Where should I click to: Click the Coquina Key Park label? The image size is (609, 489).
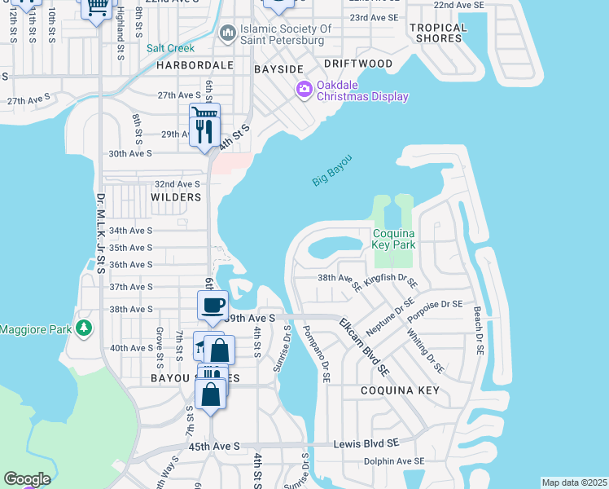(x=394, y=239)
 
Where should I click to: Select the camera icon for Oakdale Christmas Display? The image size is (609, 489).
(x=304, y=88)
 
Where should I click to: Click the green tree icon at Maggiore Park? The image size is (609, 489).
(x=83, y=328)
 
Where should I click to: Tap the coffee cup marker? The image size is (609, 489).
(x=212, y=306)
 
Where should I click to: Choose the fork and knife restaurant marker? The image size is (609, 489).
(x=204, y=130)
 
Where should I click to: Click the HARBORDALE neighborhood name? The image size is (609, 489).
(x=195, y=64)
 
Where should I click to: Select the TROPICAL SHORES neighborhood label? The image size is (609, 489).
(x=438, y=33)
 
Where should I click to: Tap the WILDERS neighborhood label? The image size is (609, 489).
(x=176, y=197)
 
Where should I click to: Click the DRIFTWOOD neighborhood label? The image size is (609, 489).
(x=357, y=63)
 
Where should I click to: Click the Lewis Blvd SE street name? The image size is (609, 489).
(x=366, y=443)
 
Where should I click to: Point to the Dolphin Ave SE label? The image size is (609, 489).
(x=394, y=461)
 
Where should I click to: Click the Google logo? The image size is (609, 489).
(x=27, y=479)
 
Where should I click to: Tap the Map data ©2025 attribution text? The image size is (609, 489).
(x=574, y=482)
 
